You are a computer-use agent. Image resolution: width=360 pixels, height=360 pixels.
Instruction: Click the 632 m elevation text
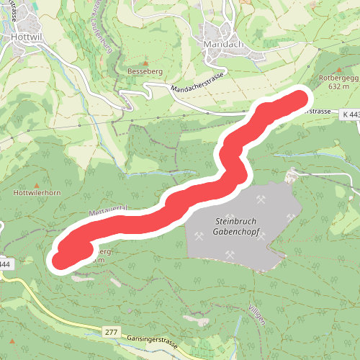tap(338, 86)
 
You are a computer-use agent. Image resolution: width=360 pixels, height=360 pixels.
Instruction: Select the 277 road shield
tap(110, 331)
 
